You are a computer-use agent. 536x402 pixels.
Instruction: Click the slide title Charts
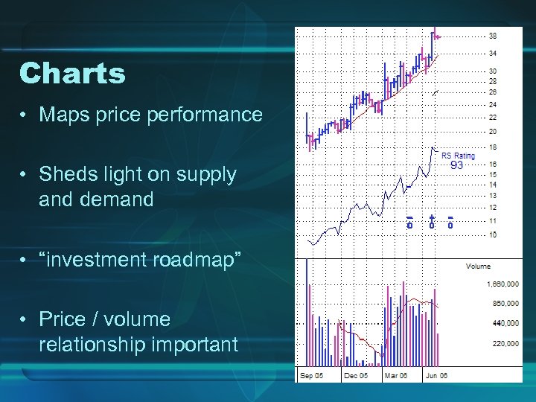tap(72, 74)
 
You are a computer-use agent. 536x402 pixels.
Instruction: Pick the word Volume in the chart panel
tap(478, 267)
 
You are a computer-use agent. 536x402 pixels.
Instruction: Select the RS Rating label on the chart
tap(458, 156)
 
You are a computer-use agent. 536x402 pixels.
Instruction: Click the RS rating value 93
tap(456, 166)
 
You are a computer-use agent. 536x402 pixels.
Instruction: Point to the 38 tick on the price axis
tap(493, 36)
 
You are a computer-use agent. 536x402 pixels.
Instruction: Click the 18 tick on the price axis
tap(493, 147)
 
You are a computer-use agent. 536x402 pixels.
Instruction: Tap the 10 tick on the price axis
tap(493, 234)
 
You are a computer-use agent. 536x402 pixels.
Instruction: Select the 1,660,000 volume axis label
tap(503, 284)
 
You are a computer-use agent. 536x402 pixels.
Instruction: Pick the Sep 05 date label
tap(312, 376)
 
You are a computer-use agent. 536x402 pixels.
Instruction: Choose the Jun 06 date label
tap(436, 376)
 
